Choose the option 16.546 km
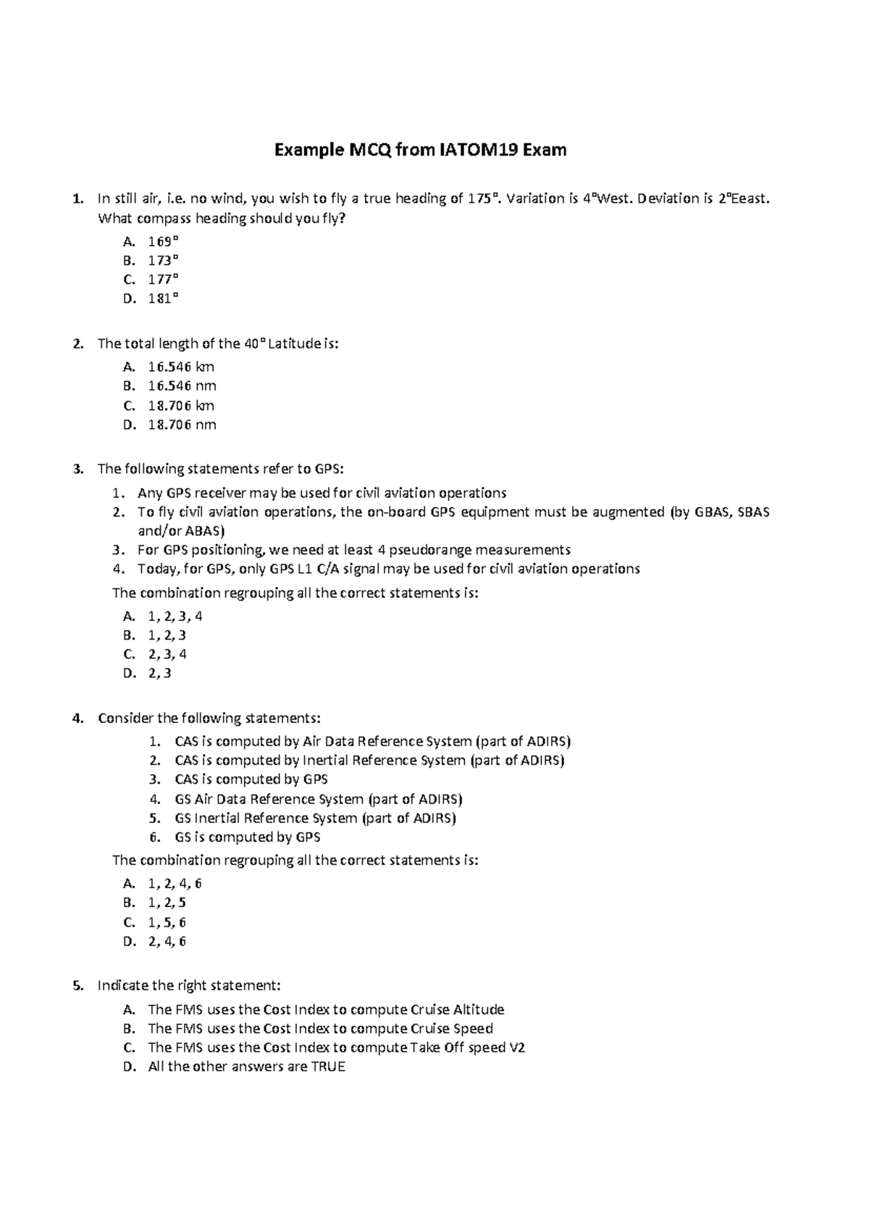pos(181,367)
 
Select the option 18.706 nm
pos(182,424)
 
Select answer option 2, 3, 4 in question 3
pos(167,654)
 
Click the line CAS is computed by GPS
pos(251,779)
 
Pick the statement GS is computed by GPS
pos(247,837)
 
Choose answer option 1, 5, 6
pos(167,922)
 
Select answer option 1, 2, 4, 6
pos(175,884)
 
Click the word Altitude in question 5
pos(478,1010)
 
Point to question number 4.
pos(77,719)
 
